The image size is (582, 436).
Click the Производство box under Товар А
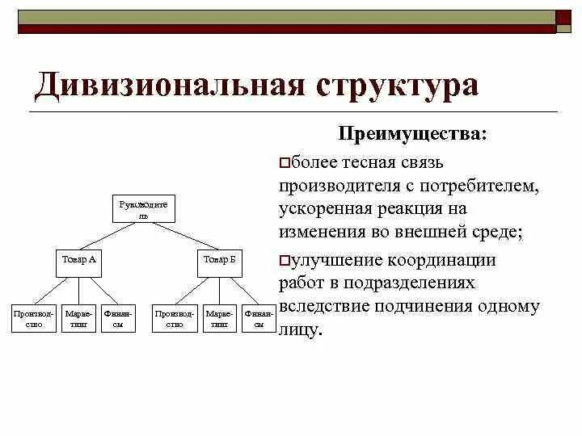(35, 318)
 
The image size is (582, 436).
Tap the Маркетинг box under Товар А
(79, 318)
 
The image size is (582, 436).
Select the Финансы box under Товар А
(120, 318)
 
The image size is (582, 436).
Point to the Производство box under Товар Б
(175, 318)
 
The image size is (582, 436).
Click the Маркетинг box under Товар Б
(220, 318)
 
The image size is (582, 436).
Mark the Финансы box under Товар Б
(259, 318)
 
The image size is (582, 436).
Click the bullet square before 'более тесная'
(283, 163)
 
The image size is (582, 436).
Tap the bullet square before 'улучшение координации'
(283, 260)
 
